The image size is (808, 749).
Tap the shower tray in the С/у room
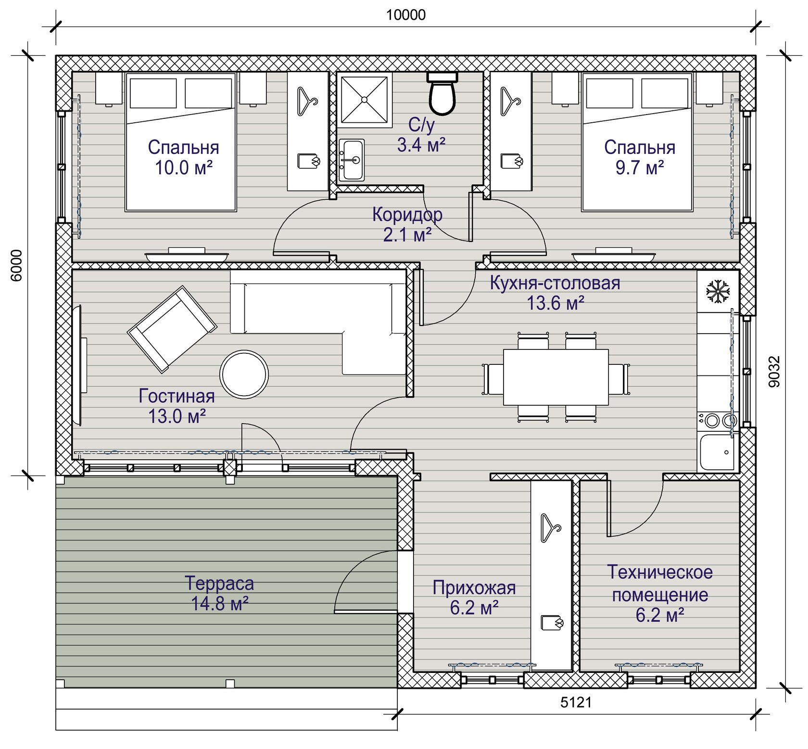[364, 100]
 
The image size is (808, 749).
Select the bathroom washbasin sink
[352, 160]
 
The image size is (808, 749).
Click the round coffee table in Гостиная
[244, 374]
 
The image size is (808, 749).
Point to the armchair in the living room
[172, 329]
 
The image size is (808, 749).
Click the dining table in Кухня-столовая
[555, 377]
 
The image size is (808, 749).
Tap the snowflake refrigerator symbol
[718, 291]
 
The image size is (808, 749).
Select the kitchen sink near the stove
[717, 452]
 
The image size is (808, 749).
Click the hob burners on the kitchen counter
[717, 420]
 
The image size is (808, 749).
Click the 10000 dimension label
[406, 15]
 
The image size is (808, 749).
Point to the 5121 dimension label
[576, 702]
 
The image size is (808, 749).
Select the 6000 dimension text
[16, 265]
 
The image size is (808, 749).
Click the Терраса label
[219, 583]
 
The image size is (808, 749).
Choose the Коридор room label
[407, 215]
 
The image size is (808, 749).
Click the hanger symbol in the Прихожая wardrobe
[551, 528]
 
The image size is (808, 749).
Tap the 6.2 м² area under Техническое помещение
[660, 615]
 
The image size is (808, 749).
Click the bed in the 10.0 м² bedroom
[181, 142]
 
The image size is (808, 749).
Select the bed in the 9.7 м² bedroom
[637, 142]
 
